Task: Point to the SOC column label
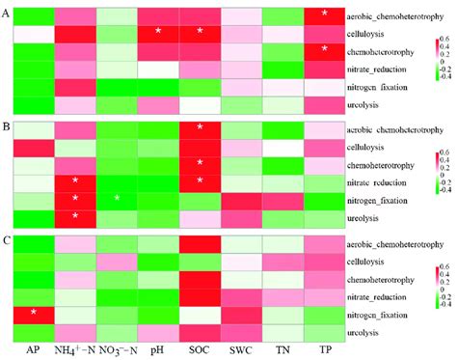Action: point(198,351)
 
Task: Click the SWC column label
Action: point(241,351)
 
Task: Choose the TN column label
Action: point(282,351)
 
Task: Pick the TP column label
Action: point(325,351)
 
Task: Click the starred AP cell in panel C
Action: point(32,312)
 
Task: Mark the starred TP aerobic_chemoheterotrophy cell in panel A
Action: point(325,14)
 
